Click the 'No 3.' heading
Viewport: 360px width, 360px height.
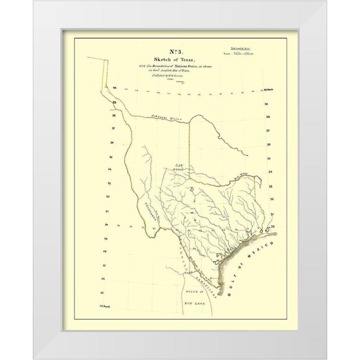click(180, 51)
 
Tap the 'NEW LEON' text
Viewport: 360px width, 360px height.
click(195, 304)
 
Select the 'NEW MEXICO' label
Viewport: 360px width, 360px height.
click(177, 167)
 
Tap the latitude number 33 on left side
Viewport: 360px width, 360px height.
click(108, 183)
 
